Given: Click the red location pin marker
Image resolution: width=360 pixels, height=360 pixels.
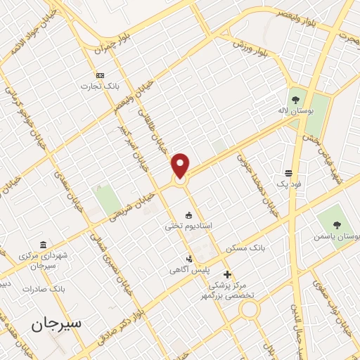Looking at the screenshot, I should (x=181, y=166).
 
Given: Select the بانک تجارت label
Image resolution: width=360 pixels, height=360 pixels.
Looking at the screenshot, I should (x=99, y=86).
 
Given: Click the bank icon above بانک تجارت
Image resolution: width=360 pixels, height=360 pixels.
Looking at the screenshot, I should (x=99, y=75).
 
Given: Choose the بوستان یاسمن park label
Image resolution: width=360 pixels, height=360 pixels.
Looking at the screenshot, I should (x=337, y=238).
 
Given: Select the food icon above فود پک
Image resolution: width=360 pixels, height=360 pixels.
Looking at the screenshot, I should (x=288, y=173).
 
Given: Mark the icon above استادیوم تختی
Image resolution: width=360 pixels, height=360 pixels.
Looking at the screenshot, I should (x=188, y=214).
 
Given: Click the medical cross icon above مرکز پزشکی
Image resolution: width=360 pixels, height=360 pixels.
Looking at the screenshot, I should (x=226, y=274).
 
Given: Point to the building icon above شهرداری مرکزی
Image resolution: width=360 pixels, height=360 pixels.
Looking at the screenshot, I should (x=44, y=245).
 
